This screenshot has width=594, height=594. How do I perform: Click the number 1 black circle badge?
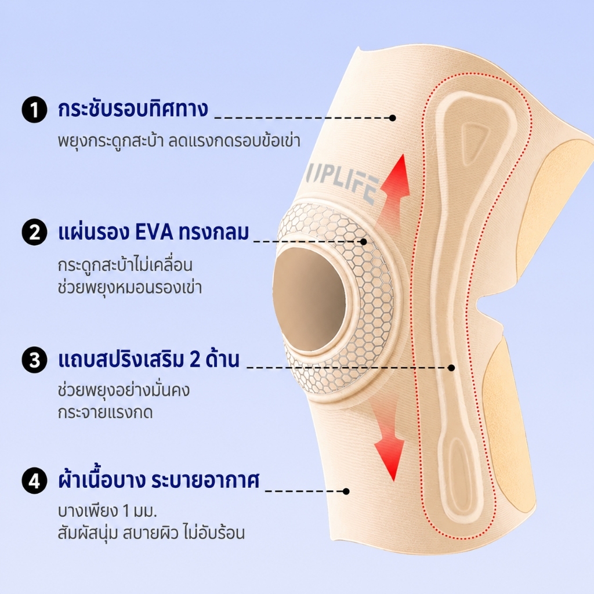click(34, 110)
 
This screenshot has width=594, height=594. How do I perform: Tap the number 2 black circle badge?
click(34, 232)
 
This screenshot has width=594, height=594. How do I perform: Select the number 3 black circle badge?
click(34, 360)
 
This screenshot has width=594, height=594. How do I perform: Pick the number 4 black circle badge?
click(34, 481)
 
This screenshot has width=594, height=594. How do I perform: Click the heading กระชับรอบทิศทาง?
click(133, 109)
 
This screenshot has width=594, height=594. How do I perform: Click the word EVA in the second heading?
click(154, 233)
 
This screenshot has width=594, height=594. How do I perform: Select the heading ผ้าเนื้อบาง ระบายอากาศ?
click(159, 480)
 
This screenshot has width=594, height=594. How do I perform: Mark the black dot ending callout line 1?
click(393, 118)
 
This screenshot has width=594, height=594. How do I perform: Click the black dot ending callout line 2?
click(364, 241)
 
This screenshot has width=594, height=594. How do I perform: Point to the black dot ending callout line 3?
click(451, 367)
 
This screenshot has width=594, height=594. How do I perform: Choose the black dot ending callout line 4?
click(346, 491)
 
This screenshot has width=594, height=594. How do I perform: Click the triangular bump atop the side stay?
click(474, 137)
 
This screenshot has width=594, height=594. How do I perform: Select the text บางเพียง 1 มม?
click(107, 511)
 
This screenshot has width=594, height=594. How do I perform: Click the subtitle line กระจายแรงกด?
click(106, 412)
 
